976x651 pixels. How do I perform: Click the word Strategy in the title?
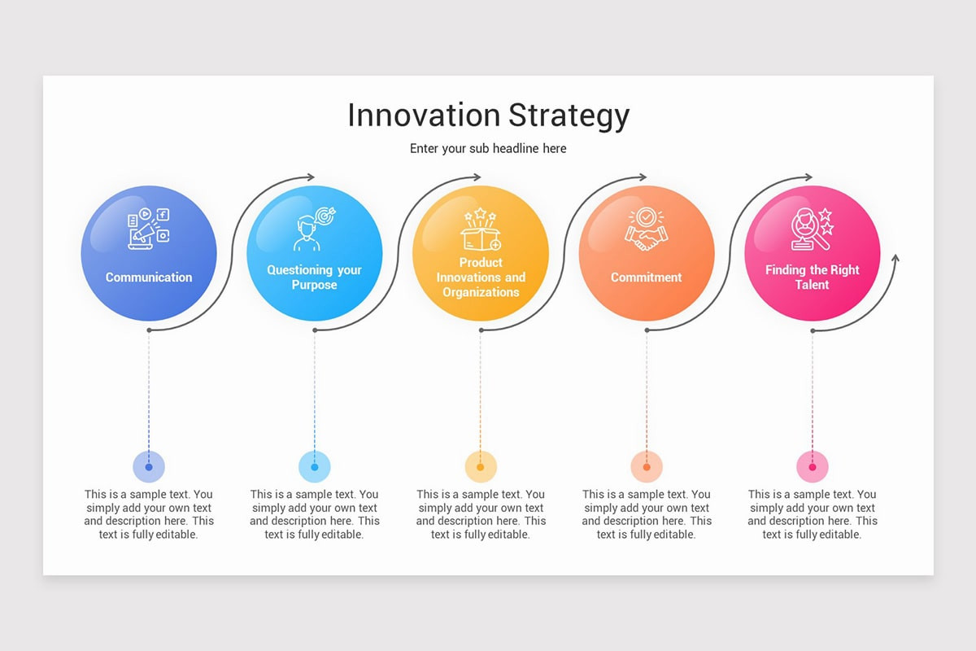coord(569,116)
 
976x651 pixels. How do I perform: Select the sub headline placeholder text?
coord(488,148)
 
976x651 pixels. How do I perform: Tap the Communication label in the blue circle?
coord(149,277)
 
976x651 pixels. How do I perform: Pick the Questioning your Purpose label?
coord(314,277)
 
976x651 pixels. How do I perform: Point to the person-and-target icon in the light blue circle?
coord(314,229)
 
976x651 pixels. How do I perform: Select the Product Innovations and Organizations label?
coord(481,277)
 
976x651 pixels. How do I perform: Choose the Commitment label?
coord(646,277)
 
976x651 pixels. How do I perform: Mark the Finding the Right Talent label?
coord(812,277)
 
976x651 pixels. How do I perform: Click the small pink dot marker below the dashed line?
coord(812,467)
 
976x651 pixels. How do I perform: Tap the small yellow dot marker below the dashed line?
coord(481,467)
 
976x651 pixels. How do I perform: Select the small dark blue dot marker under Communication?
coord(149,467)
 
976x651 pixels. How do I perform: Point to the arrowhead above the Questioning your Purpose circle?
coord(310,177)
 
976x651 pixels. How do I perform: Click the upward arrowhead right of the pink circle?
coord(895,259)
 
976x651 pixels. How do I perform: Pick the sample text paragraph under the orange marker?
coord(646,514)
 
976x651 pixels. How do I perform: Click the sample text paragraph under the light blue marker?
coord(314,514)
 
